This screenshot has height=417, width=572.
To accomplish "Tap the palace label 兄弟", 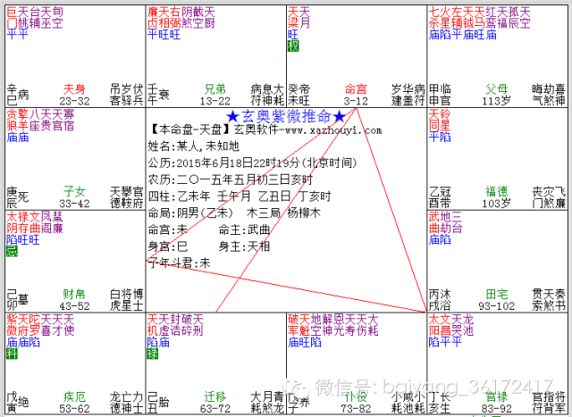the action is pos(215,89).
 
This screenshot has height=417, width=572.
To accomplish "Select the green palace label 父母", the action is pos(496,89).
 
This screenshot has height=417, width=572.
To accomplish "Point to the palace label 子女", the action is pos(74,190).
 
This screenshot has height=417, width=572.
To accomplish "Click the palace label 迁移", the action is pos(215,395).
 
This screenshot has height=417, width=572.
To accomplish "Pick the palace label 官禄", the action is pos(496,395).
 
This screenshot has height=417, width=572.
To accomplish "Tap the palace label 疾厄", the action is pos(74,395).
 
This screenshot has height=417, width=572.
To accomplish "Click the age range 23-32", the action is pos(74,101).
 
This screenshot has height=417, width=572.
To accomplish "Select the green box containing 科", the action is pos(11,354).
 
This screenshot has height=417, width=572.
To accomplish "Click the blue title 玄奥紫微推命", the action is pos(286,116).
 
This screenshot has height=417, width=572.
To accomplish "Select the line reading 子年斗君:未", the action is pos(180,263).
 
